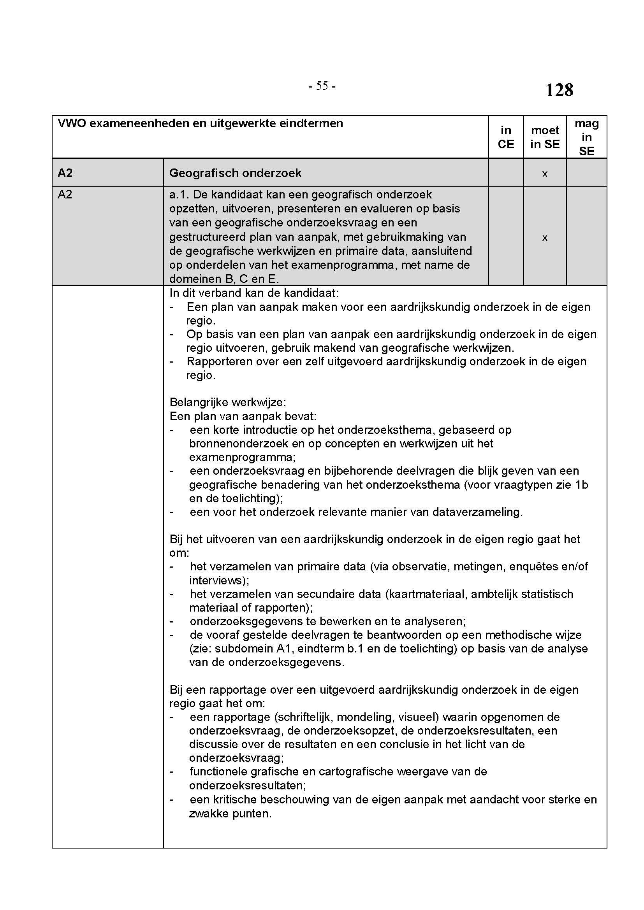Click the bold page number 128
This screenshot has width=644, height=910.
click(559, 90)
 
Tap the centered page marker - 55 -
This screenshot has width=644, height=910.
click(322, 86)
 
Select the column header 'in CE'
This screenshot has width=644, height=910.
click(506, 137)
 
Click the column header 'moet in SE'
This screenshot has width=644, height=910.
click(545, 137)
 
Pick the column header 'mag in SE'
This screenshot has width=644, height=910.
click(586, 137)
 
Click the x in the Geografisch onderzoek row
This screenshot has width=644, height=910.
click(545, 174)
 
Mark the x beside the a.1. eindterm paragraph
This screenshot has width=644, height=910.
click(545, 237)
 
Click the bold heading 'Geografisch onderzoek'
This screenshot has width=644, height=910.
click(235, 173)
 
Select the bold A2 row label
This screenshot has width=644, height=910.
click(65, 173)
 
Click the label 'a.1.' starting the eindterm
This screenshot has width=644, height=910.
click(179, 195)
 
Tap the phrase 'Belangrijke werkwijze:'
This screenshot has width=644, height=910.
click(228, 402)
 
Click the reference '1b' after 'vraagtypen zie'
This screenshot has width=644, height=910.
click(582, 485)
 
